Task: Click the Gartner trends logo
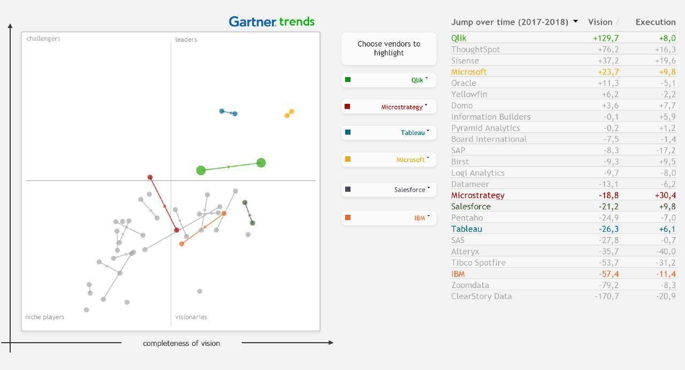click(x=271, y=21)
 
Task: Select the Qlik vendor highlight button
click(x=389, y=80)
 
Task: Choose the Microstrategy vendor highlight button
click(x=389, y=107)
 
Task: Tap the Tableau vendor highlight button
click(x=389, y=132)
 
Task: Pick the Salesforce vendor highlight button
click(x=389, y=190)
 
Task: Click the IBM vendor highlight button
click(x=389, y=218)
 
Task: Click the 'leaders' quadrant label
click(x=186, y=40)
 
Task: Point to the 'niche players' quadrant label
click(x=45, y=317)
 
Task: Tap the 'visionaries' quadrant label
click(x=191, y=317)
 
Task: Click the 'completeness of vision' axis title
click(x=181, y=343)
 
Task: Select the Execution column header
click(x=655, y=22)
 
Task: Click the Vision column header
click(x=600, y=22)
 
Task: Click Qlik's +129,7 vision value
click(x=606, y=38)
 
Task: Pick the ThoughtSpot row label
click(x=475, y=49)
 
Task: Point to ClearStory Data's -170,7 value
click(x=606, y=296)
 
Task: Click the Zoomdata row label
click(x=470, y=285)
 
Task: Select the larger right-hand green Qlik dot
click(x=261, y=163)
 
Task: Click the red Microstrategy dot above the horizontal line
click(x=150, y=177)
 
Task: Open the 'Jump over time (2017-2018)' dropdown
click(x=575, y=22)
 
